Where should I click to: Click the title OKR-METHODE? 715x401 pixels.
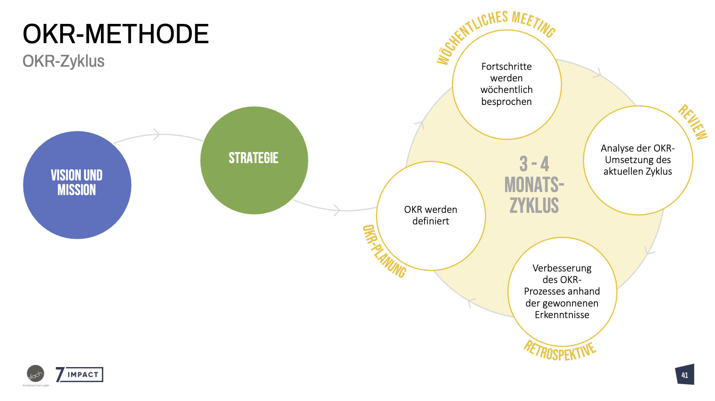click(x=116, y=34)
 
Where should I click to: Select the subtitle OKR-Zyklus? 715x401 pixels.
click(x=64, y=61)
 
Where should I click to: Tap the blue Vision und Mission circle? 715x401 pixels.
click(x=77, y=185)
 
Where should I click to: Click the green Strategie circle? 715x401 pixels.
click(x=254, y=160)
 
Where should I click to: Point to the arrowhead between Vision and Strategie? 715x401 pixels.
click(x=157, y=135)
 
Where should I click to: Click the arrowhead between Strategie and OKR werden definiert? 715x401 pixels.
click(x=337, y=210)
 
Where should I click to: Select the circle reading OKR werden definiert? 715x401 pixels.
click(x=431, y=216)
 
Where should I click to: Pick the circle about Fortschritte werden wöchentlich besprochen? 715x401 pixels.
click(x=507, y=84)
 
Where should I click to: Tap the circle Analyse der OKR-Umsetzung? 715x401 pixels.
click(x=638, y=160)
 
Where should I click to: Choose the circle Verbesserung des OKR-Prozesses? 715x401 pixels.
click(x=562, y=291)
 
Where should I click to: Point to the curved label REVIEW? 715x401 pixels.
click(x=693, y=122)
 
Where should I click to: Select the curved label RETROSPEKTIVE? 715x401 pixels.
click(x=560, y=351)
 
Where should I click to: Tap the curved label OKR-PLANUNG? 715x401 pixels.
click(x=384, y=251)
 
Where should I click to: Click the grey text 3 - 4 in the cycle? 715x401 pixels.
click(x=534, y=164)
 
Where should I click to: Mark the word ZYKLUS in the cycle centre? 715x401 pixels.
click(x=534, y=205)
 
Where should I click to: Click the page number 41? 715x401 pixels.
click(x=685, y=375)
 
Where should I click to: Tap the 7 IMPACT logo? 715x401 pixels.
click(x=79, y=374)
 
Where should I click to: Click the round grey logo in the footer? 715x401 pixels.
click(x=35, y=374)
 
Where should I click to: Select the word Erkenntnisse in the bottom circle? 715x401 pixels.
click(x=562, y=315)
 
